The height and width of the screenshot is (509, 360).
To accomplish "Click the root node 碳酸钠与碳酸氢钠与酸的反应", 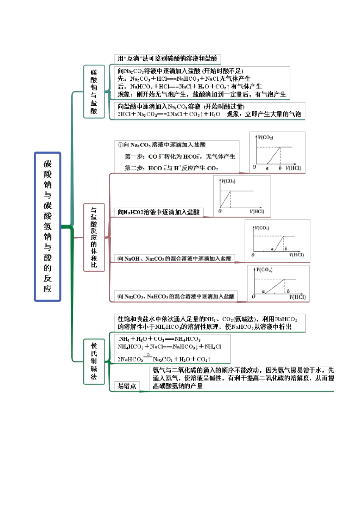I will tap(47, 226).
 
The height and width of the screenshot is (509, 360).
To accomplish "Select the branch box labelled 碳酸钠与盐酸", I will tap(94, 91).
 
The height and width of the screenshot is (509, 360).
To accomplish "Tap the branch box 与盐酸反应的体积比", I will tap(94, 237).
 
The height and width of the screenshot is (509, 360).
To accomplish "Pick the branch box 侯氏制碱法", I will tap(94, 361).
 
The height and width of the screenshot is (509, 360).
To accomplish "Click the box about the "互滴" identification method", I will tap(167, 59).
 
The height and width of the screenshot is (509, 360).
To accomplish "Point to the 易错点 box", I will tap(127, 386).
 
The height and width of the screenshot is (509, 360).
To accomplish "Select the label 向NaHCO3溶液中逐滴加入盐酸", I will tap(158, 212).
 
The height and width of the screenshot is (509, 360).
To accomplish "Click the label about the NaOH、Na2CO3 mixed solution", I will tap(174, 259).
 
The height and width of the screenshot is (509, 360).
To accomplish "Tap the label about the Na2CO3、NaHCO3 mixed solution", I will tap(176, 297).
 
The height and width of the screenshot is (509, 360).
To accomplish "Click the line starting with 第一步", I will tap(180, 156).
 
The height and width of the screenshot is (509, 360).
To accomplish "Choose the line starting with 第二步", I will tap(171, 168).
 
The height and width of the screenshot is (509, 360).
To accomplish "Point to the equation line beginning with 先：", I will tap(184, 79).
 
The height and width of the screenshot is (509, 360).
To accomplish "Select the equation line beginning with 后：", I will tap(189, 86).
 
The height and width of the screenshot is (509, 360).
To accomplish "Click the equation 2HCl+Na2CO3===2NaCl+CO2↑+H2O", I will tap(169, 114).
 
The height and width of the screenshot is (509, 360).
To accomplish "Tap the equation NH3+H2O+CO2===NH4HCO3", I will tap(160, 339).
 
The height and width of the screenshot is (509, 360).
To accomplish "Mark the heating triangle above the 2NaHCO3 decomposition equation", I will tap(148, 354).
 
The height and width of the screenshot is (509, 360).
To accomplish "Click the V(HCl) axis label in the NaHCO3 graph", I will tap(257, 211).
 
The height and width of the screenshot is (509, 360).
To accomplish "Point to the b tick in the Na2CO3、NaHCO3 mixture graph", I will tap(288, 291).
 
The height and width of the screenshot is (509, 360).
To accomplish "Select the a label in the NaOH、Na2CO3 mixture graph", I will tap(272, 249).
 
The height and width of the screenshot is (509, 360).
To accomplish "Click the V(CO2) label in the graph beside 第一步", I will tap(265, 137).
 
